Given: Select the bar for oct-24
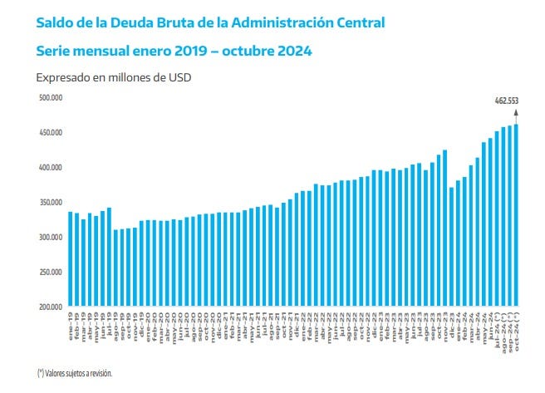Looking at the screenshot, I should click(x=516, y=216).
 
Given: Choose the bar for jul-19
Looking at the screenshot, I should click(x=109, y=257).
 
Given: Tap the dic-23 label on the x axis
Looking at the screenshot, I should click(x=451, y=319).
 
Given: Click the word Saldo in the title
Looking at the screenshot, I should click(x=55, y=22).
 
